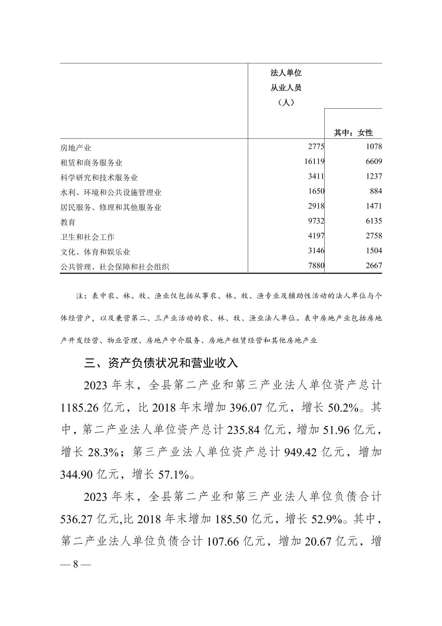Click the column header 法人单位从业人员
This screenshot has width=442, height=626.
[286, 88]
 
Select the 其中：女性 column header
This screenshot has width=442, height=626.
[353, 133]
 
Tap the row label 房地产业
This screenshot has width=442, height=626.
[76, 148]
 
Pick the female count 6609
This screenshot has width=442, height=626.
[373, 161]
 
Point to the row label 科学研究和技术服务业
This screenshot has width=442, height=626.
[99, 178]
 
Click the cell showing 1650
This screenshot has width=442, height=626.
[316, 191]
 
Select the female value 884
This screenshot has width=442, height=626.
[375, 191]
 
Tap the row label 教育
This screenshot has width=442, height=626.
[68, 222]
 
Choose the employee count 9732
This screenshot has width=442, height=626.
[316, 221]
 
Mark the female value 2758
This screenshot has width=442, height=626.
[373, 236]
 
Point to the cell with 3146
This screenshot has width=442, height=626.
[316, 250]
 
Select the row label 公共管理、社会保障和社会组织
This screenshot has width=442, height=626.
[114, 266]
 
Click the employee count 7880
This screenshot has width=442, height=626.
[316, 265]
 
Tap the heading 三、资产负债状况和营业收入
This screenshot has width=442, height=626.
[161, 363]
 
